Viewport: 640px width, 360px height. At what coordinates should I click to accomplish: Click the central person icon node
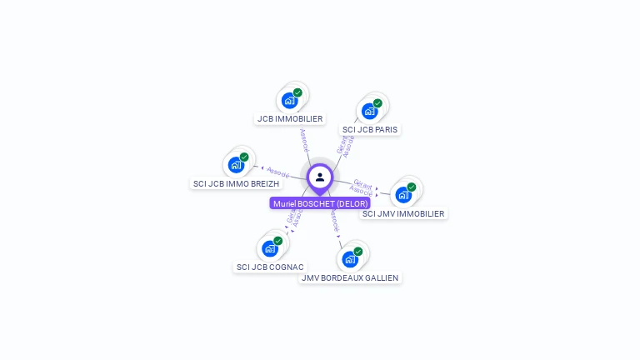tap(320, 177)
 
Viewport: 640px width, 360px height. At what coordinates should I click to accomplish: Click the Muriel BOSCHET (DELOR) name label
tap(320, 203)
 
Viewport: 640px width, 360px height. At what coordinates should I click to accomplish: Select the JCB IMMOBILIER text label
tap(290, 118)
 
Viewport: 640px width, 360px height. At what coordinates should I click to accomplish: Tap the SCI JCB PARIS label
tap(370, 129)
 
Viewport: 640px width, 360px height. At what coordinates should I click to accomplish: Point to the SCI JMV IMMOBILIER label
tap(404, 213)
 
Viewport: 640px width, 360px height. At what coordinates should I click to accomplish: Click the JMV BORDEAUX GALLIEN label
tap(350, 277)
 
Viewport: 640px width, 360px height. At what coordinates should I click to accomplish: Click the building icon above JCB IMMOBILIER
tap(289, 101)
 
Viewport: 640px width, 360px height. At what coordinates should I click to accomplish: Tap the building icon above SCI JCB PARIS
tap(369, 111)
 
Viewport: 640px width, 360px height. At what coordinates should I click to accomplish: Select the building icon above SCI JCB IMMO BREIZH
tap(236, 165)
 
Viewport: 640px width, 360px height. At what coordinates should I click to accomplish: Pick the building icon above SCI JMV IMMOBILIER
tap(403, 195)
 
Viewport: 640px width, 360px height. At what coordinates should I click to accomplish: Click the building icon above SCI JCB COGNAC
tap(269, 248)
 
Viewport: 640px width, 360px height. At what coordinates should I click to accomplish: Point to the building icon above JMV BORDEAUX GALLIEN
tap(350, 259)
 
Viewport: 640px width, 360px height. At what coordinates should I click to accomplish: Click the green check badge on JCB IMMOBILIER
tap(297, 92)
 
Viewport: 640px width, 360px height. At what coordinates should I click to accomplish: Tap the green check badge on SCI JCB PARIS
tap(377, 103)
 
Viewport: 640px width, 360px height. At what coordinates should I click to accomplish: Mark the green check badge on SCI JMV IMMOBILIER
tap(412, 187)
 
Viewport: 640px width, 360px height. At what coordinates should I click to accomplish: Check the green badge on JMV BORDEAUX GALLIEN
tap(358, 251)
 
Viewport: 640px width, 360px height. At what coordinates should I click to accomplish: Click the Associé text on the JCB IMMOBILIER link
tap(304, 139)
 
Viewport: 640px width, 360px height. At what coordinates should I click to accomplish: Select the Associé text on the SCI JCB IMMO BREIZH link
tap(277, 172)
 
